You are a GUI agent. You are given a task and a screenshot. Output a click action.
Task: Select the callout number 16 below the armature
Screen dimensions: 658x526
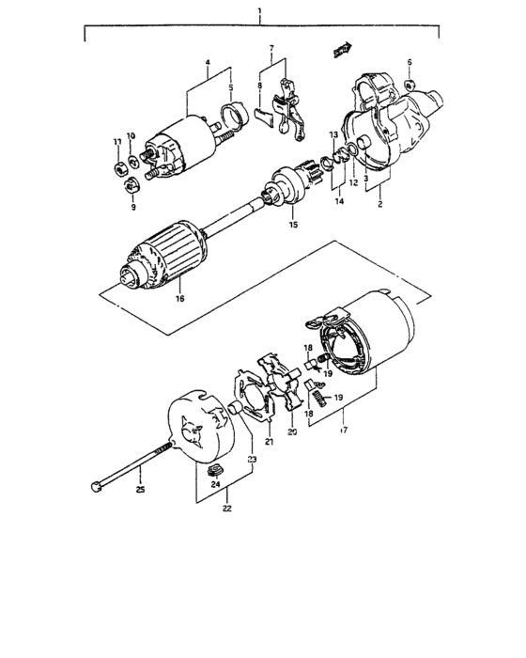point(178,299)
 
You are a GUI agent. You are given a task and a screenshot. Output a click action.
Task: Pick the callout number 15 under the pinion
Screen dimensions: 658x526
point(294,225)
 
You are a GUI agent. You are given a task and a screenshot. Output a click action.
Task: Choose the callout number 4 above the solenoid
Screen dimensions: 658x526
point(207,66)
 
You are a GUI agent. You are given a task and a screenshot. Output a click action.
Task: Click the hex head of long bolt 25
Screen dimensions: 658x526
point(97,487)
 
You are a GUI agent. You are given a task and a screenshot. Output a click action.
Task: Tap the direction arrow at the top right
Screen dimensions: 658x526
point(345,49)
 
